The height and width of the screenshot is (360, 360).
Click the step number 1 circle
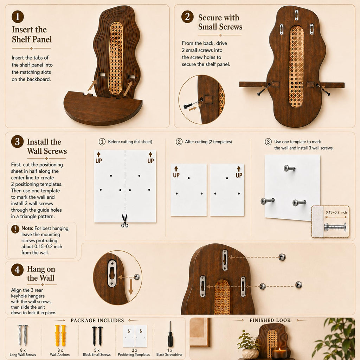coord(18,17)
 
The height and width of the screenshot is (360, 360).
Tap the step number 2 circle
coord(187,17)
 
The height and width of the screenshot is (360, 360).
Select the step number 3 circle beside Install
coord(18,141)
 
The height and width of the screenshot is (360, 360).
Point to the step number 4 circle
coord(18,270)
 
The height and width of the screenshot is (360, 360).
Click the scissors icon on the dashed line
coord(125,221)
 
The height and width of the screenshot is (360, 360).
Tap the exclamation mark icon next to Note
coord(15,229)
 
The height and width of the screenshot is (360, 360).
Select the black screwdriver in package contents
coord(170,334)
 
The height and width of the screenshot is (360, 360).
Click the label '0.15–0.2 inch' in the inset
coord(336,212)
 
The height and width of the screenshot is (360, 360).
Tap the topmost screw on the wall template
coord(289,168)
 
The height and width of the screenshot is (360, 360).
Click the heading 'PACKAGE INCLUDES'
coord(97,321)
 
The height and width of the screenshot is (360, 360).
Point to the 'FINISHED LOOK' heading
coord(270,320)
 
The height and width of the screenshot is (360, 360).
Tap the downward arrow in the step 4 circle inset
coord(131,287)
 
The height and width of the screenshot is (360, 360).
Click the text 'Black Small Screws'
coord(97,354)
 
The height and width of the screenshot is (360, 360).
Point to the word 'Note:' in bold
coord(27,228)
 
